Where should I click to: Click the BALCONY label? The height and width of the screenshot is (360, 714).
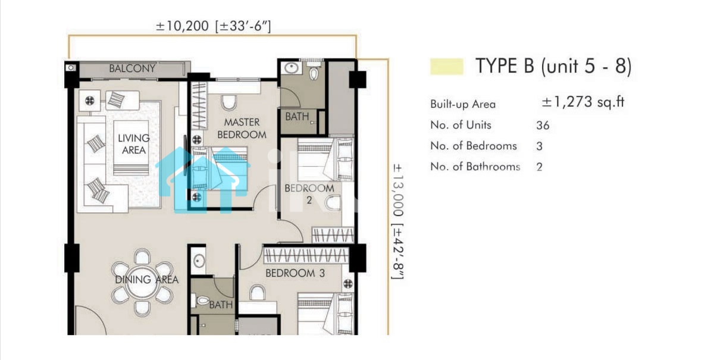coord(132,68)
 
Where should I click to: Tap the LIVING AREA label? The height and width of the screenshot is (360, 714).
coord(133,144)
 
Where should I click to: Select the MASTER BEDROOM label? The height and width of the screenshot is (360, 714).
coord(242,128)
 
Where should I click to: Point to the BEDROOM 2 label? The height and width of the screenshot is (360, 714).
coord(309,194)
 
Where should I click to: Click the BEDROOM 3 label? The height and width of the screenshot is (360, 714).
coord(295,273)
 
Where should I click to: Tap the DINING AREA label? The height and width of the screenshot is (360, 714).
coord(146,280)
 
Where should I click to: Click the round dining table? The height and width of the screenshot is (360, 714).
coord(142,283)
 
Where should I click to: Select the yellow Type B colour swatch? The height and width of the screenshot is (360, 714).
coord(447,66)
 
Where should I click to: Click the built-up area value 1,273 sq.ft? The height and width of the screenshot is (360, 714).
coord(583,102)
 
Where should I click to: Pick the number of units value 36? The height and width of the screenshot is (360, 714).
coord(543,126)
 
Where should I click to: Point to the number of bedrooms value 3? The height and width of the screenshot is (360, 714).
coord(539,146)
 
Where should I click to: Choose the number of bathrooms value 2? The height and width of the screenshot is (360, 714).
coord(539,167)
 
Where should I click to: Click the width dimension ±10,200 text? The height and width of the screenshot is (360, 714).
coord(182,26)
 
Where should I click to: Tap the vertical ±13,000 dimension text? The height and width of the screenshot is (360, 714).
coord(399,190)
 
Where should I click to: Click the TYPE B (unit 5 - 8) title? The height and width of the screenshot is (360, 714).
coord(553,66)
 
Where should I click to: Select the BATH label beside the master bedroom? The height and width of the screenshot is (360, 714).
coord(297,117)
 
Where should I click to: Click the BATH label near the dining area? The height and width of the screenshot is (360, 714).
coord(221,305)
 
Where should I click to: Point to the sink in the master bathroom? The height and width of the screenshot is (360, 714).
coord(292,68)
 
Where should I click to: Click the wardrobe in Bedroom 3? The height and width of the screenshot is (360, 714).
coord(306,256)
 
